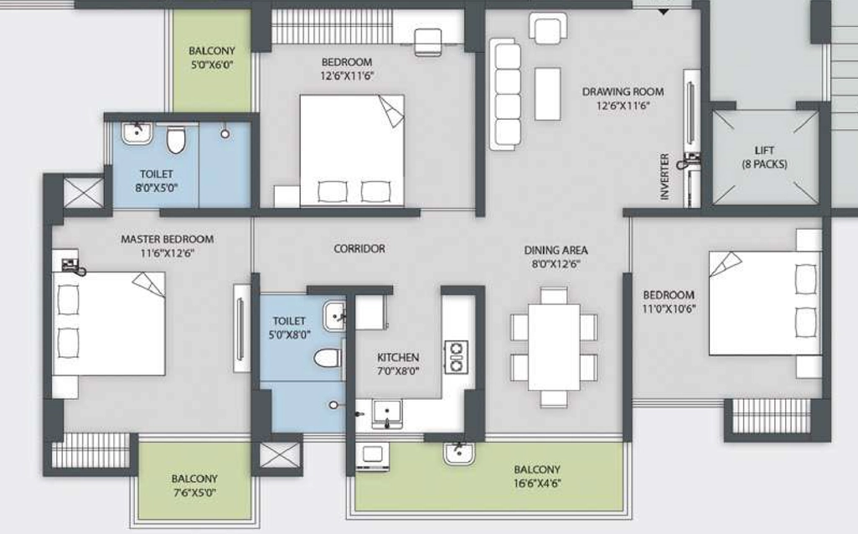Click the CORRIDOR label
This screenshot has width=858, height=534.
click(359, 249)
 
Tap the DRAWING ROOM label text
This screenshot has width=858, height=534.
click(623, 91)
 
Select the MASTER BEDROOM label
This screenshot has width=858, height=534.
click(167, 240)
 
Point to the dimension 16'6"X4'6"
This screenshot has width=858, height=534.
click(537, 484)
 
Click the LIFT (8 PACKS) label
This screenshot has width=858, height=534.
click(764, 158)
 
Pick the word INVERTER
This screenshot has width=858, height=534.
click(664, 176)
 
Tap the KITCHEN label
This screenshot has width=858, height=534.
click(398, 357)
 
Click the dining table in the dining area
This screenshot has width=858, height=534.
click(554, 347)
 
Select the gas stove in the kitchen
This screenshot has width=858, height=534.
click(456, 357)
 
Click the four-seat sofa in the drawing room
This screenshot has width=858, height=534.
click(505, 94)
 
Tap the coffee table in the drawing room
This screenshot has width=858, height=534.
click(547, 94)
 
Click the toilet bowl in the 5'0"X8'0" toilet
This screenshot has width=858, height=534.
click(328, 359)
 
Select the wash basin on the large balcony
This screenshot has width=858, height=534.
click(458, 454)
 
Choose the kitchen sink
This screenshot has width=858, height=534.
click(387, 413)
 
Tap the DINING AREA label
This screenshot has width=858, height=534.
click(556, 251)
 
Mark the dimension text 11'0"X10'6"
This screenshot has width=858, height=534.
click(669, 308)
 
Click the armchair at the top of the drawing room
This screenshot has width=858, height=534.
click(548, 29)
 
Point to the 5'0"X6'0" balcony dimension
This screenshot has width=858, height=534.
click(212, 65)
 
